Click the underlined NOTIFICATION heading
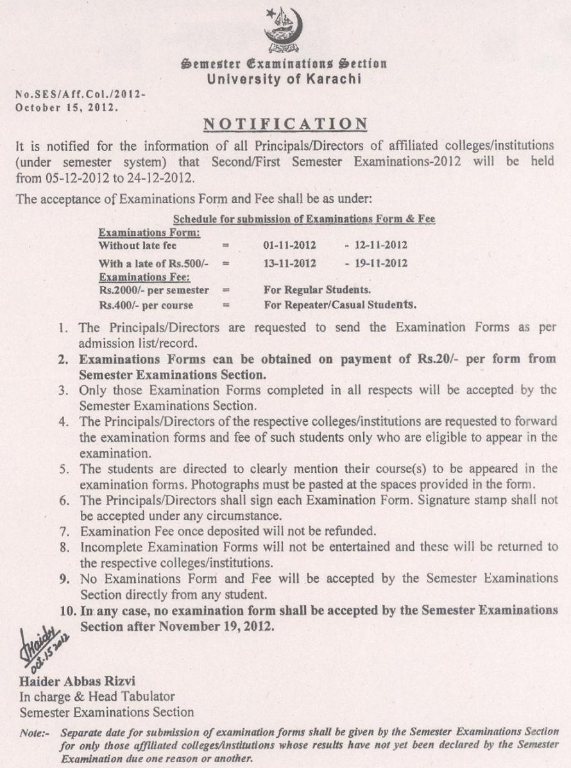pyautogui.click(x=285, y=123)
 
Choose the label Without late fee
pyautogui.click(x=137, y=245)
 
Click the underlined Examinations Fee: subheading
pyautogui.click(x=144, y=276)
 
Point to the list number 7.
pyautogui.click(x=64, y=531)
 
